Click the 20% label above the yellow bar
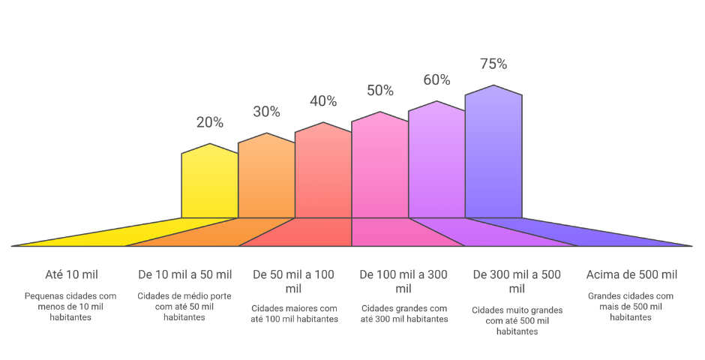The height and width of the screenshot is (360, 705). (x=210, y=122)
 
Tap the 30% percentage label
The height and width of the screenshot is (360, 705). (x=266, y=112)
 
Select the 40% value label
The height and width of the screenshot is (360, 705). (x=323, y=101)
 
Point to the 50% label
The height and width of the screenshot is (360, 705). (x=379, y=91)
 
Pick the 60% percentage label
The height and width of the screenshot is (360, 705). (x=436, y=80)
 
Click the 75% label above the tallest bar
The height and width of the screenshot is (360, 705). (x=493, y=64)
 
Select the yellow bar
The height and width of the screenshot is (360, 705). (x=210, y=184)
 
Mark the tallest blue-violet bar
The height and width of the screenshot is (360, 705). (x=493, y=154)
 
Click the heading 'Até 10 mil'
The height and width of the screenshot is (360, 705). (x=72, y=274)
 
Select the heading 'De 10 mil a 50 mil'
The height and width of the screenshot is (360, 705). (x=185, y=274)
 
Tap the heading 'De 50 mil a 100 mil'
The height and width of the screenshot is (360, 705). (x=294, y=281)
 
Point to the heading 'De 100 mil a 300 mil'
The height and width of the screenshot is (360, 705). (x=403, y=281)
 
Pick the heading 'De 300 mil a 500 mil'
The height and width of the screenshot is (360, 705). (x=517, y=281)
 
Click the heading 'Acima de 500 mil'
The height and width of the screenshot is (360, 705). (x=631, y=274)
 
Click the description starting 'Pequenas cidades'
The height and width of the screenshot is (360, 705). (x=70, y=307)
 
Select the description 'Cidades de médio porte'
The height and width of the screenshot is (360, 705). (x=184, y=307)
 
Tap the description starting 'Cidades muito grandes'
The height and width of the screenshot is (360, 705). (x=517, y=320)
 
